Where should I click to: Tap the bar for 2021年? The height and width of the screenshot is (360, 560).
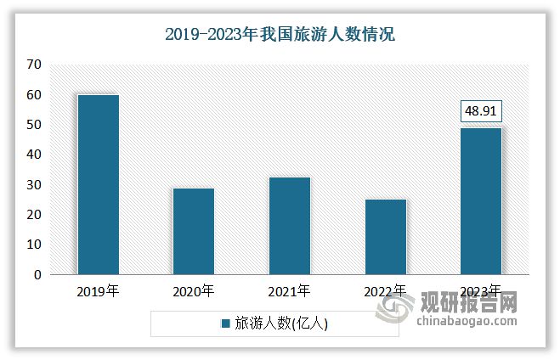tap(289, 225)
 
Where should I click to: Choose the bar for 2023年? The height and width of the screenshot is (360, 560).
tap(480, 200)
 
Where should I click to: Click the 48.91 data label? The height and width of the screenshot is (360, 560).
tap(481, 111)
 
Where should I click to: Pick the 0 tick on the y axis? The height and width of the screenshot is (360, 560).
tap(37, 275)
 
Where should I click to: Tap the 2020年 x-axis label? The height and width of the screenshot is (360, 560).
tap(193, 291)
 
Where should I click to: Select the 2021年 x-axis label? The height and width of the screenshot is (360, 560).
tap(289, 291)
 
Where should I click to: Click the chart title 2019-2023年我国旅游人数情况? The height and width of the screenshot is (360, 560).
tap(280, 35)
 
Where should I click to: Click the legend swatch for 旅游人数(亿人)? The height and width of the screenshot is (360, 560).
tap(226, 323)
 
